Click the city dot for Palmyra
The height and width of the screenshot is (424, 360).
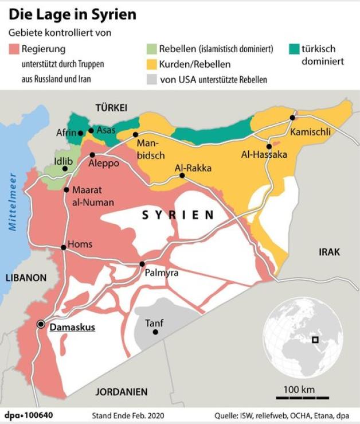pyautogui.click(x=142, y=264)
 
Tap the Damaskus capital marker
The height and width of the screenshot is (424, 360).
pyautogui.click(x=41, y=324)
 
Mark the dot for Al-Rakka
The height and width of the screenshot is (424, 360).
pyautogui.click(x=182, y=176)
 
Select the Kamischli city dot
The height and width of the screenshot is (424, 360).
pyautogui.click(x=292, y=118)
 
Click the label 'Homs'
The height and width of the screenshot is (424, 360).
pyautogui.click(x=80, y=244)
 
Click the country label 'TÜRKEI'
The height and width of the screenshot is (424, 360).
pyautogui.click(x=111, y=108)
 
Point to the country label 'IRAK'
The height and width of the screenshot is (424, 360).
pyautogui.click(x=329, y=252)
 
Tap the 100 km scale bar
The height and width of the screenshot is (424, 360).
pyautogui.click(x=299, y=397)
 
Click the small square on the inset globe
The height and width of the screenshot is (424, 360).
pyautogui.click(x=315, y=340)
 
